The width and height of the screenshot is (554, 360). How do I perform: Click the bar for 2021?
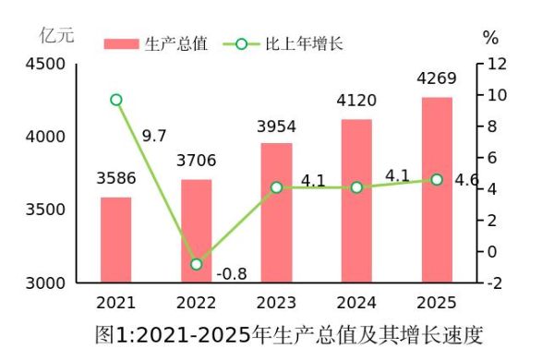pos(115,239)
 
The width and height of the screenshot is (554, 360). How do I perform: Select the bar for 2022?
pos(196,230)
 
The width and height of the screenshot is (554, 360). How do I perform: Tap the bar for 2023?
pos(276,211)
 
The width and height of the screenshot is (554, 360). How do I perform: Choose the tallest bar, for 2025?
pos(437,188)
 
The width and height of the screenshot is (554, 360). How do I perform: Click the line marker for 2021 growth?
pos(115,100)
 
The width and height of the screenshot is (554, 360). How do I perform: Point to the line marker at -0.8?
pos(196,264)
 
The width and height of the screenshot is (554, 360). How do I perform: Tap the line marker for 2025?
pos(437,179)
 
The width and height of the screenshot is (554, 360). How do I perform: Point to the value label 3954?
pos(276,125)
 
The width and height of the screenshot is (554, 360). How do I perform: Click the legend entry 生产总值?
pos(156,43)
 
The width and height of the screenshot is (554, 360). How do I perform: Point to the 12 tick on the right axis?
pos(498,64)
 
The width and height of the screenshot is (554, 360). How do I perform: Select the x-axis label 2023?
pos(276,302)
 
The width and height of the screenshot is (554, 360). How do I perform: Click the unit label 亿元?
pos(56,36)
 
